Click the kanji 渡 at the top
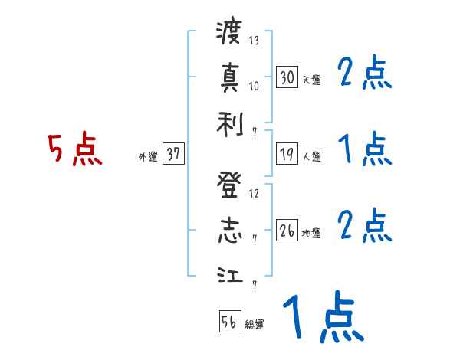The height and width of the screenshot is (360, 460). pyautogui.click(x=229, y=33)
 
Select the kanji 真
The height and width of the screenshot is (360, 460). pyautogui.click(x=229, y=77)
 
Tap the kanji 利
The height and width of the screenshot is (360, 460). pyautogui.click(x=229, y=123)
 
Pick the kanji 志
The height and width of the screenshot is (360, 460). pyautogui.click(x=229, y=230)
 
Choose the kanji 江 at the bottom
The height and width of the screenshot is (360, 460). pyautogui.click(x=229, y=275)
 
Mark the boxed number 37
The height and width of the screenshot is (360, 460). pyautogui.click(x=173, y=154)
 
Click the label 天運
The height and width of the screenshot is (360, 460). pyautogui.click(x=311, y=80)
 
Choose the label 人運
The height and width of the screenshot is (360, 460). pyautogui.click(x=311, y=156)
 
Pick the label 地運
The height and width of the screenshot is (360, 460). pyautogui.click(x=311, y=233)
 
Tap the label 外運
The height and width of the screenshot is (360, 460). pyautogui.click(x=148, y=156)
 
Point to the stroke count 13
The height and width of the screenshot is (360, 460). pyautogui.click(x=255, y=41)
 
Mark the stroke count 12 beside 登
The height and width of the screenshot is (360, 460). pyautogui.click(x=255, y=193)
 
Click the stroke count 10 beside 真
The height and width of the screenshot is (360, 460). pyautogui.click(x=255, y=85)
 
